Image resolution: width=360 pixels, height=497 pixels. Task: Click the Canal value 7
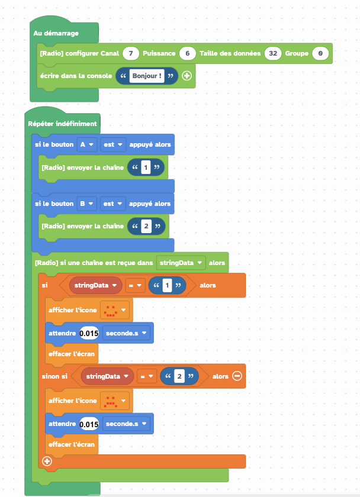[131, 53]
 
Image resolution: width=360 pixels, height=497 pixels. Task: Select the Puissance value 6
[187, 53]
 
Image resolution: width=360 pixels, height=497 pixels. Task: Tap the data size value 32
[273, 53]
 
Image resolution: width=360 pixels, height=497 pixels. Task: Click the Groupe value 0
[320, 53]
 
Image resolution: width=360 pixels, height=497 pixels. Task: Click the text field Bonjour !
[147, 76]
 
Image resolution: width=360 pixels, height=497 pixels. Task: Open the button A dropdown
[86, 144]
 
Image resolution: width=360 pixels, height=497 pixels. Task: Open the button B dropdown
[86, 204]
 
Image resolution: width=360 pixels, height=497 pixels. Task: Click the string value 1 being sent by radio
[146, 167]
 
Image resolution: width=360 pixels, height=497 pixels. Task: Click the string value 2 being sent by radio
[146, 226]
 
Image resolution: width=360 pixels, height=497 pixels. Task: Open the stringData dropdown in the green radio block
[181, 263]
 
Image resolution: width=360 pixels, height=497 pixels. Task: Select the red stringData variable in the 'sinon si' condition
[107, 376]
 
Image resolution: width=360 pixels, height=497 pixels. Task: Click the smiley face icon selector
[114, 310]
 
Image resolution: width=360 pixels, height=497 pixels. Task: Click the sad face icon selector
[114, 401]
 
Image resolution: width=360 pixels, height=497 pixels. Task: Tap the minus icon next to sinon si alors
[237, 376]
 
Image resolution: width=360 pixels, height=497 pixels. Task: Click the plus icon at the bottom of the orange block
[47, 461]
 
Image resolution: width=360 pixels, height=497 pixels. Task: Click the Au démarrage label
[56, 33]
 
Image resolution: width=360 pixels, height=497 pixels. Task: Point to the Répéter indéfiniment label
[62, 124]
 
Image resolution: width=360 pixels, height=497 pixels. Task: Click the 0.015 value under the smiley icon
[89, 333]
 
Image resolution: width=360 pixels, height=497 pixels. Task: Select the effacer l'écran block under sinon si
[72, 444]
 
